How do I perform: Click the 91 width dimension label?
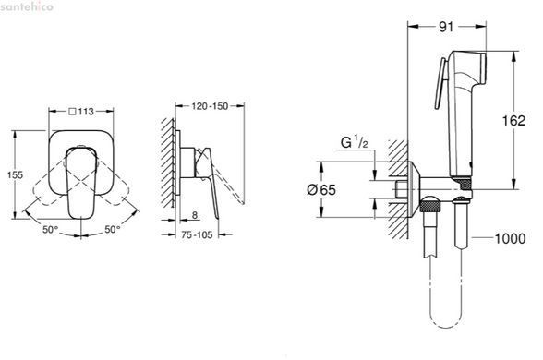(x=446, y=27)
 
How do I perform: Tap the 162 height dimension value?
(x=513, y=120)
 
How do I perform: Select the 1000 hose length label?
(x=510, y=238)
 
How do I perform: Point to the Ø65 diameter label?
(x=321, y=190)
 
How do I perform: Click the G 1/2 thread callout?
(x=355, y=142)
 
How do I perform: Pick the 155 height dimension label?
(x=15, y=174)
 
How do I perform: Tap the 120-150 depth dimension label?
(x=210, y=106)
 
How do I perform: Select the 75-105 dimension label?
(x=197, y=234)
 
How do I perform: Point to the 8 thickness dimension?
(x=195, y=215)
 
